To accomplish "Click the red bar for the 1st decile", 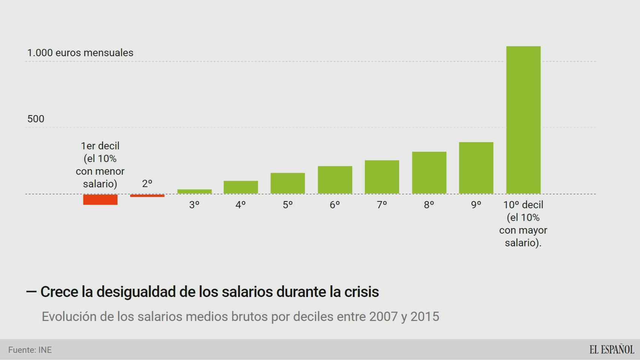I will point(100,199).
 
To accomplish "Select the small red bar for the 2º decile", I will point(147,196).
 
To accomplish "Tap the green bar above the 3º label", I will point(194,192).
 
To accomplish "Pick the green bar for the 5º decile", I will point(288,183).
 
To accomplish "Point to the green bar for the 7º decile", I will point(382,177).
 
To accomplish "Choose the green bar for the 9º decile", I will point(476,168).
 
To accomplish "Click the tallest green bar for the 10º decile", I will point(523,120).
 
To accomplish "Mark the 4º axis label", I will point(240,205).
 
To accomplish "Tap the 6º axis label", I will point(335,205).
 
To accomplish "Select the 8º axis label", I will point(429,205).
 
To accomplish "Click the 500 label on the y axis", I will point(36,119).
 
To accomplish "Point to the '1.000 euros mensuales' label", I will point(80,53).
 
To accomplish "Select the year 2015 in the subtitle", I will point(425,316).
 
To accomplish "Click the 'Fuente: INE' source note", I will point(30,350).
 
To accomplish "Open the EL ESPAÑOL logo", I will point(611,349).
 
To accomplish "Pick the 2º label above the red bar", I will point(147,184).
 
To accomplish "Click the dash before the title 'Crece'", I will point(31,291).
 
